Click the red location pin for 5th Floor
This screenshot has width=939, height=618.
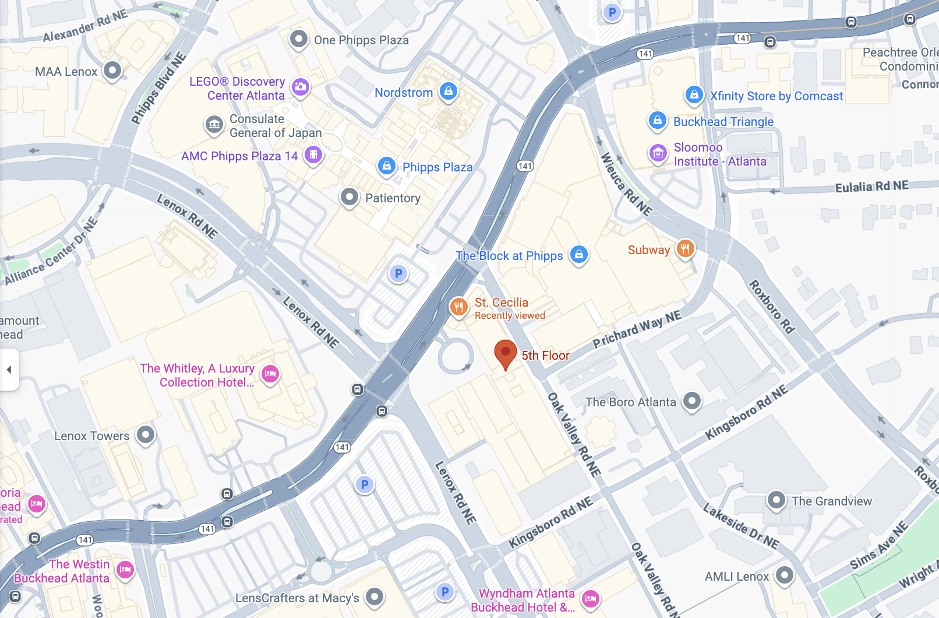click(x=505, y=353)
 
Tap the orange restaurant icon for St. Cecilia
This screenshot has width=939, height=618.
click(x=459, y=306)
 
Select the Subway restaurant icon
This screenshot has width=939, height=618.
click(x=686, y=249)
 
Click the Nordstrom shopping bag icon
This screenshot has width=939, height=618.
click(x=448, y=91)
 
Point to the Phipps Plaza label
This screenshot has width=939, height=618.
click(x=437, y=167)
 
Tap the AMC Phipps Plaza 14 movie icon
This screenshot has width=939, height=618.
click(x=313, y=154)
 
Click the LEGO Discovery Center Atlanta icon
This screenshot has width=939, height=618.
click(x=301, y=87)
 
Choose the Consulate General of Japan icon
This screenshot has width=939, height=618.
click(x=214, y=124)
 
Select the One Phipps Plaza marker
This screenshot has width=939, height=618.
click(x=299, y=39)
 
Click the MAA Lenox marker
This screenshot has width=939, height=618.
click(x=112, y=71)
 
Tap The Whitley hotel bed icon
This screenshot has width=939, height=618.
click(x=270, y=374)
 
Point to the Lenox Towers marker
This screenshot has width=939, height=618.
click(x=146, y=434)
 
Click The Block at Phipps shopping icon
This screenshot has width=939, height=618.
click(x=578, y=254)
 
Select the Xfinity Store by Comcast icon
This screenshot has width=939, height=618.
click(x=694, y=94)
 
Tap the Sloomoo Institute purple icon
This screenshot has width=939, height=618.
click(x=658, y=153)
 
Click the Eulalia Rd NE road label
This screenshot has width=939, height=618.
click(x=871, y=187)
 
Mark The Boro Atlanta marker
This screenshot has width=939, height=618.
click(x=691, y=401)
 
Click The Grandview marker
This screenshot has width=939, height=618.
click(x=776, y=500)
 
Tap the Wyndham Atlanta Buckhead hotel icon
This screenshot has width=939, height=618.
click(x=591, y=598)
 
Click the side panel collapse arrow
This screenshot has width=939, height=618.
click(x=9, y=370)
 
